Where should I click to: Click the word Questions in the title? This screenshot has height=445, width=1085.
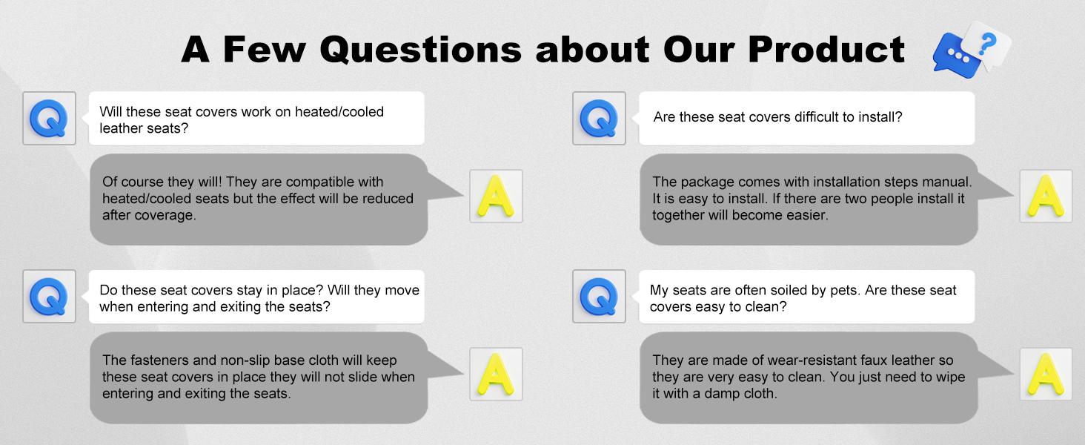420,50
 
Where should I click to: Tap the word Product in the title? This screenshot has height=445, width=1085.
826,49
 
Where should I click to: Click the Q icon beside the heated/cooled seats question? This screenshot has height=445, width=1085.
49,118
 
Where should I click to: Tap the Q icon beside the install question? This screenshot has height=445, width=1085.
599,118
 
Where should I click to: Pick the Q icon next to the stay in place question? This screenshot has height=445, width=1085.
49,296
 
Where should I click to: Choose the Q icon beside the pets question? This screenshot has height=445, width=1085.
599,296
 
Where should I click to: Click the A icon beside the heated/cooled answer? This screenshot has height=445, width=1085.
496,196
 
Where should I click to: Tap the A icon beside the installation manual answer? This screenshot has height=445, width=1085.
1046,196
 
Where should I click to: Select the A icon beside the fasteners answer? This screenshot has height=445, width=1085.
496,375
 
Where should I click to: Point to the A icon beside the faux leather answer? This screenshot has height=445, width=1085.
1046,375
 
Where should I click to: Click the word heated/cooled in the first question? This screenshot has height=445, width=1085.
339,112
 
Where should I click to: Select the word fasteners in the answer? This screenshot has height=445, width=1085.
159,360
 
